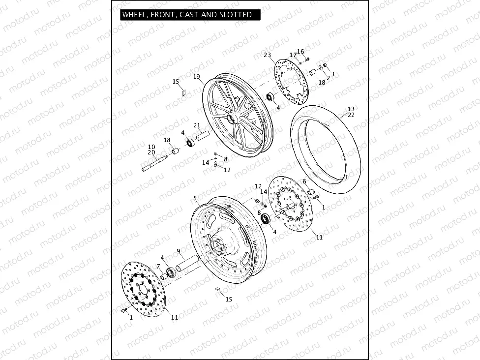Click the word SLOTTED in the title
236,15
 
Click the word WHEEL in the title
133,15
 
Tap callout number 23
267,55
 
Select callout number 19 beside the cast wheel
196,77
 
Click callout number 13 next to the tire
351,109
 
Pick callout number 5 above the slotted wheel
195,198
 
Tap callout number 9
178,251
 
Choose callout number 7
158,266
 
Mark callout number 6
304,181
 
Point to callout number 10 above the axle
151,147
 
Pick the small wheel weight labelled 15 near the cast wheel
183,90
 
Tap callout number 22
351,115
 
